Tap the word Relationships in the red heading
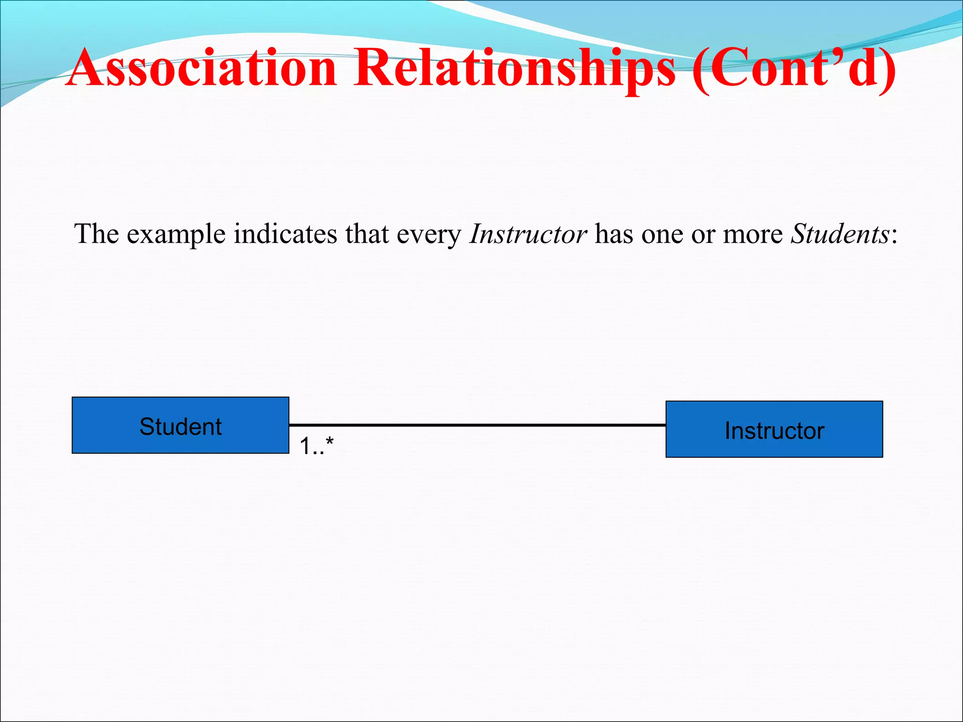pos(514,68)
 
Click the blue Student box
pos(180,425)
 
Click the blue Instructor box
pos(774,429)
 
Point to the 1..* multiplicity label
pos(316,446)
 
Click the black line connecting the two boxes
pos(477,425)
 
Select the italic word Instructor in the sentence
pos(528,234)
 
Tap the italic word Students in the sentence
pos(839,234)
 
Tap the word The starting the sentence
pos(96,234)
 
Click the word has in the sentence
pos(614,234)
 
